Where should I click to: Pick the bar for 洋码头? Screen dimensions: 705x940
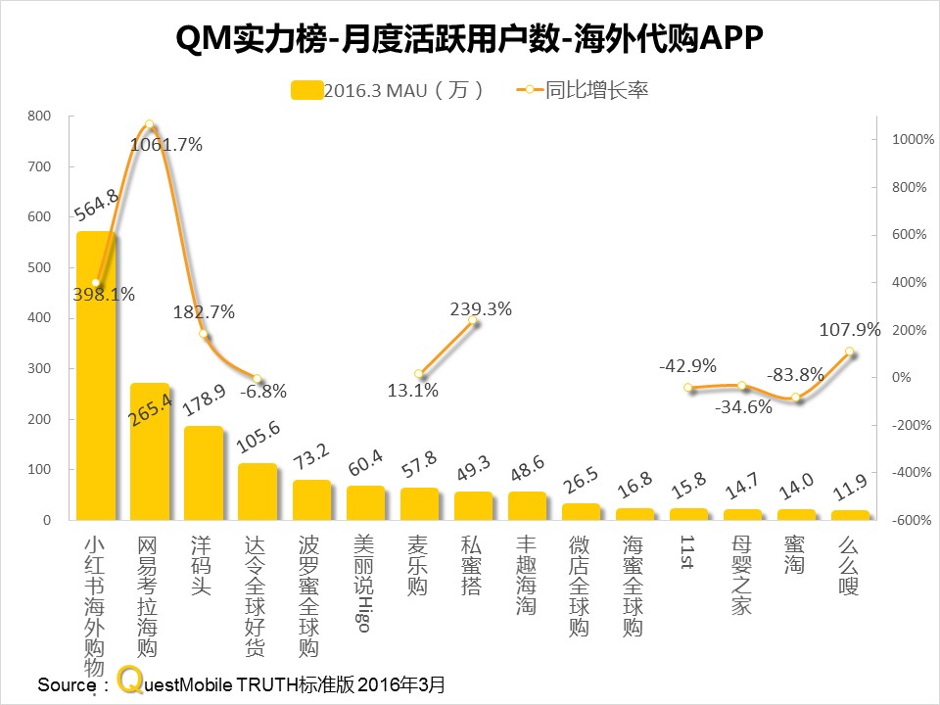click(x=204, y=474)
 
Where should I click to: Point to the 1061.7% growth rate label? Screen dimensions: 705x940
click(x=166, y=145)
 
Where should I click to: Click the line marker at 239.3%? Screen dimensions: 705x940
click(x=473, y=320)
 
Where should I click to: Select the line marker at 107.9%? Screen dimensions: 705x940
click(x=850, y=352)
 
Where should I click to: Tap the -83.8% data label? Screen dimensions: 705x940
click(x=796, y=374)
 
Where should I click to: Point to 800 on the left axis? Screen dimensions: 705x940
click(x=39, y=116)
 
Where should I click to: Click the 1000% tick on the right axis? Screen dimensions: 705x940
click(x=907, y=139)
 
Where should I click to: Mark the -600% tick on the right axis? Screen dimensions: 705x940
click(x=907, y=520)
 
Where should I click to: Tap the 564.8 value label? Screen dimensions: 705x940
click(x=97, y=208)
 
